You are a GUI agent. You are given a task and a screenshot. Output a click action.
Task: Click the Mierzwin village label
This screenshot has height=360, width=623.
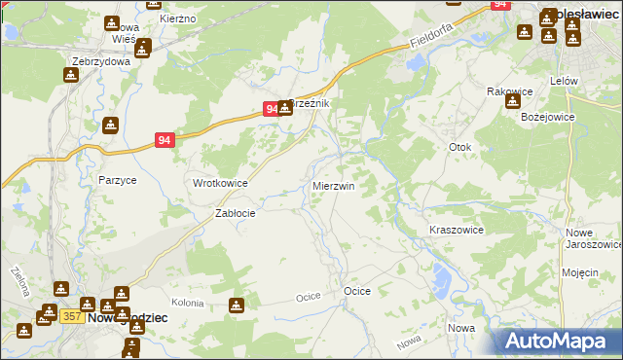pos(333,185)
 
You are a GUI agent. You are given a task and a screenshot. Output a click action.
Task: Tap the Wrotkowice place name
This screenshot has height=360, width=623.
pos(219,183)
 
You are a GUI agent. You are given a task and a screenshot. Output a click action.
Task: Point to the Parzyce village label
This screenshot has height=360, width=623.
pos(117,180)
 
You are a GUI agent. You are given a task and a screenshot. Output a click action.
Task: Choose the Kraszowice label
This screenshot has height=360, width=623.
pos(457,230)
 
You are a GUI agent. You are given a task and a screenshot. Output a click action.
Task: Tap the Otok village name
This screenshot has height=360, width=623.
pos(459,147)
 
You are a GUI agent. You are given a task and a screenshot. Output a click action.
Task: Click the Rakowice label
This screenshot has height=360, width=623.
pos(507,90)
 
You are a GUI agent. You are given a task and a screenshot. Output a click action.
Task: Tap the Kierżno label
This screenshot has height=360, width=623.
pos(178,18)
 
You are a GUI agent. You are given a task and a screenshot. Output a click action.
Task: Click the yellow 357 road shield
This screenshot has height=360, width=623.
pos(71,316)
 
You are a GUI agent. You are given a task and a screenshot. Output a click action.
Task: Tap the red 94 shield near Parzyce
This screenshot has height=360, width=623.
pos(165,140)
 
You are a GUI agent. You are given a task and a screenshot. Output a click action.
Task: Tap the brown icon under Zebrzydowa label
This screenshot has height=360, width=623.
pos(70,76)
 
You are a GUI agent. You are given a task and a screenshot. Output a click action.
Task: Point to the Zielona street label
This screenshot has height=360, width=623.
pos(17,281)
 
